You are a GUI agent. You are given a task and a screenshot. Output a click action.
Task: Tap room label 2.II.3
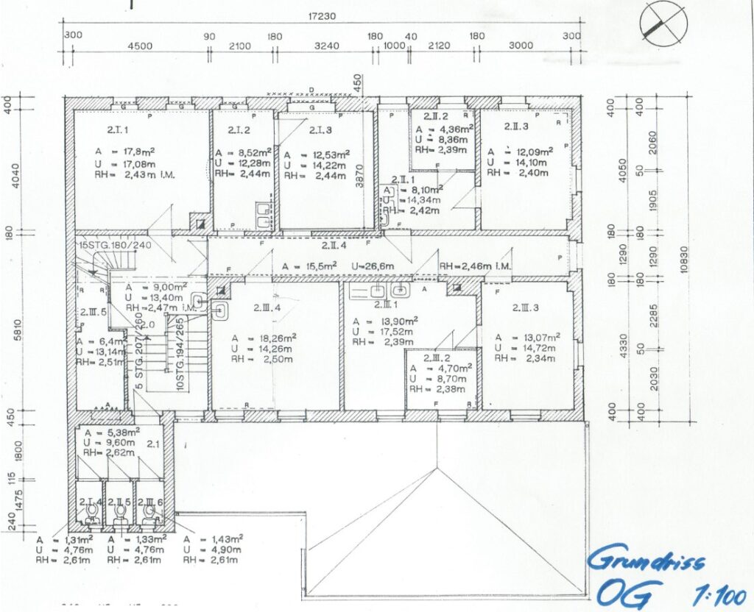[518, 127]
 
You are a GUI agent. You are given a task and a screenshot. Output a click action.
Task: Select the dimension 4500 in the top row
[140, 46]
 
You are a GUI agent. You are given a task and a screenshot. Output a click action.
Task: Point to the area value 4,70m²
[450, 367]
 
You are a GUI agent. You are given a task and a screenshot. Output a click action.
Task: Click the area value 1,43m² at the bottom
[221, 538]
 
